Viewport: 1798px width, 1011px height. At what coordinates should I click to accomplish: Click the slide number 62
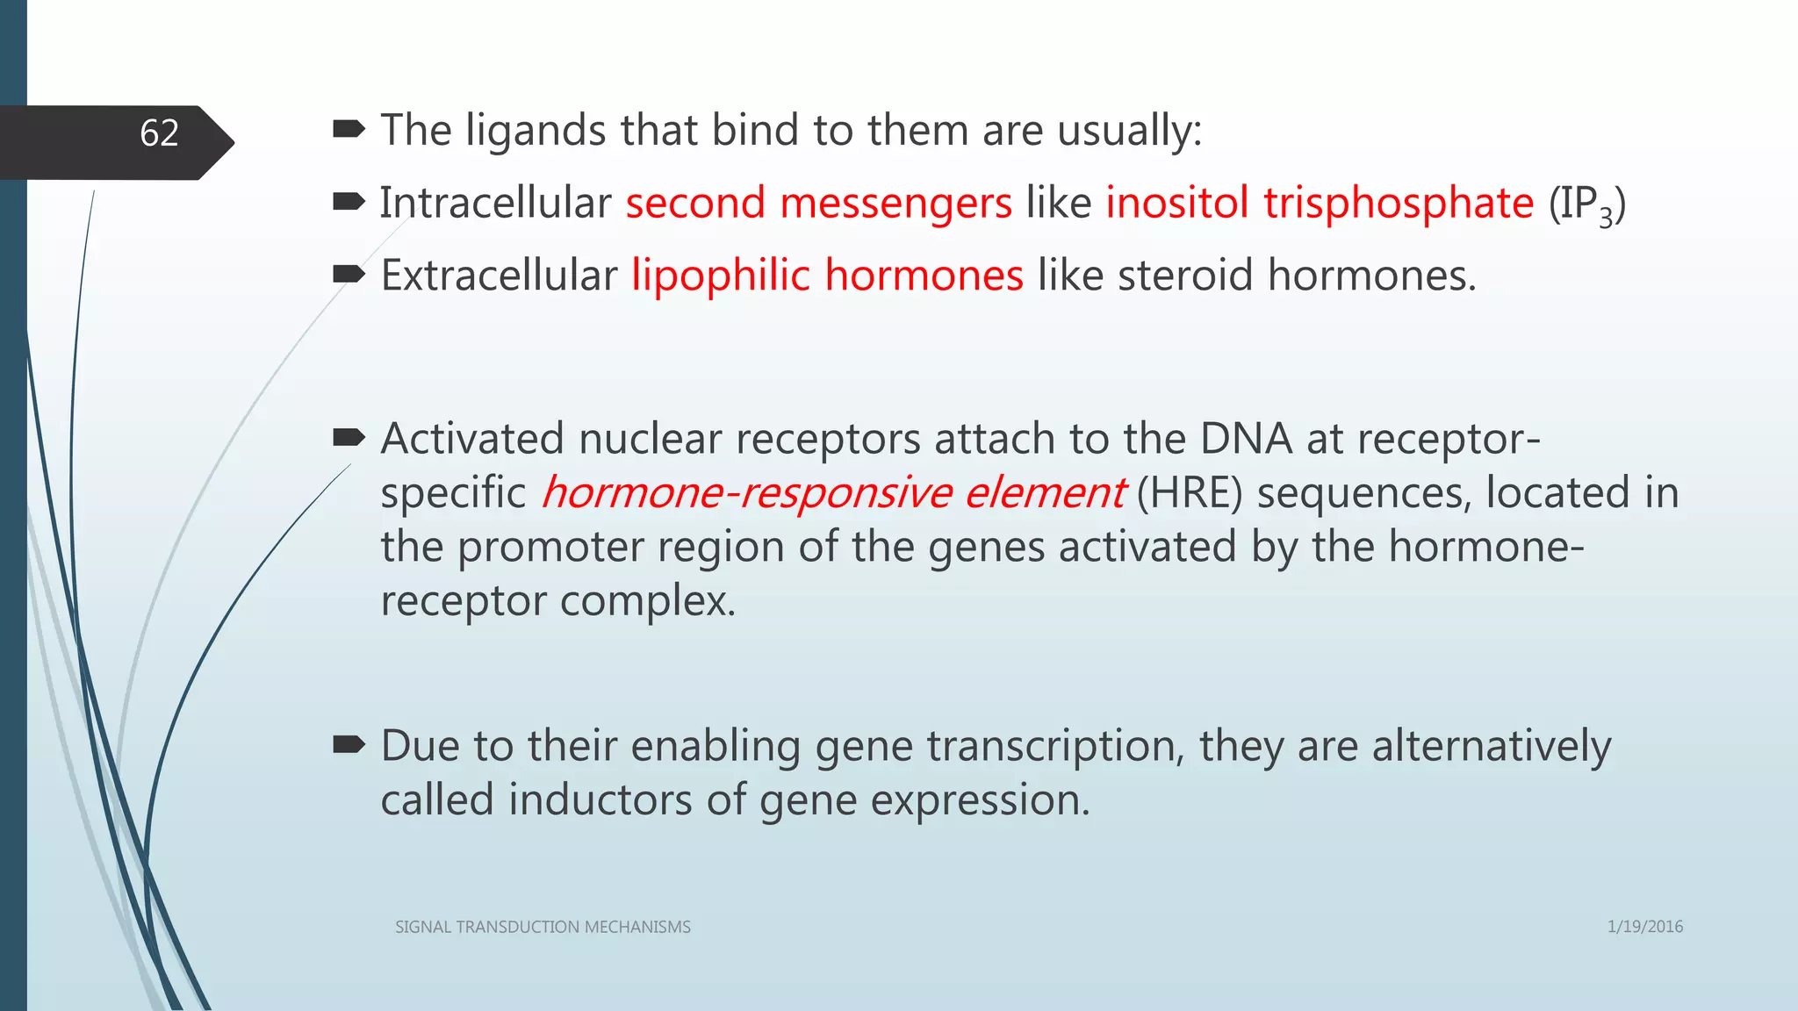pyautogui.click(x=159, y=133)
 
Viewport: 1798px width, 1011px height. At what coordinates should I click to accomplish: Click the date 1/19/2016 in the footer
pyautogui.click(x=1644, y=926)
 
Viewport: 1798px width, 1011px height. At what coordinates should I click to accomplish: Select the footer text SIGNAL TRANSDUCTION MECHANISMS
pyautogui.click(x=543, y=927)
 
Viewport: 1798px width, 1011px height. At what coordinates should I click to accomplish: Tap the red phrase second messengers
pyautogui.click(x=818, y=203)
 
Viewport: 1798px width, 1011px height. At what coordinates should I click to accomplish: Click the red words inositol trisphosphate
pyautogui.click(x=1319, y=203)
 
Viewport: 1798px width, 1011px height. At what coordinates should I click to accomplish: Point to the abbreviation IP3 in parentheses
pyautogui.click(x=1586, y=205)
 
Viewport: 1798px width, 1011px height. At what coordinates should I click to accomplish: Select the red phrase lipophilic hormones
pyautogui.click(x=827, y=276)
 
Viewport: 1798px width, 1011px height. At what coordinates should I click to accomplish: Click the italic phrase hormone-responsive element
pyautogui.click(x=832, y=492)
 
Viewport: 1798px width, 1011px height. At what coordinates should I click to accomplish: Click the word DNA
pyautogui.click(x=1246, y=438)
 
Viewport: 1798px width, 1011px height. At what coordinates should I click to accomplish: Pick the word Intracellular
pyautogui.click(x=495, y=203)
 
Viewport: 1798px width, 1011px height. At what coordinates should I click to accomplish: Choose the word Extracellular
pyautogui.click(x=499, y=276)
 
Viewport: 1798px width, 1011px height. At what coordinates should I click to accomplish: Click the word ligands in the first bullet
pyautogui.click(x=535, y=131)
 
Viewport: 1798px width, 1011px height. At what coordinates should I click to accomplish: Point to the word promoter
pyautogui.click(x=550, y=547)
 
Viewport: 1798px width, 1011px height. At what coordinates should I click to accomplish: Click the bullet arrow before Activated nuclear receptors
pyautogui.click(x=349, y=436)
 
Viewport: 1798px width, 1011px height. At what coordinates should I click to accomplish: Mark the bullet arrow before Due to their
pyautogui.click(x=349, y=745)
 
